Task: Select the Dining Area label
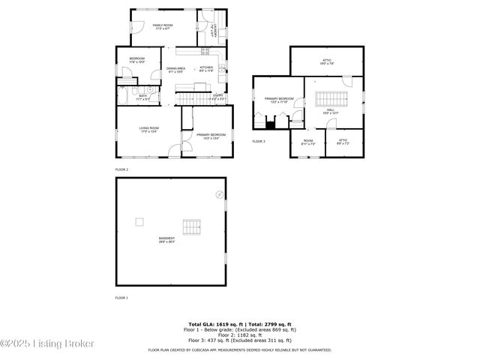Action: point(176,70)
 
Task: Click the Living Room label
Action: point(148,130)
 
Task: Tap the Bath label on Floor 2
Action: point(143,97)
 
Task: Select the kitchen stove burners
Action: point(204,51)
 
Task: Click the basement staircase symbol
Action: point(193,226)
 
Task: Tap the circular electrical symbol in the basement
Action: point(219,193)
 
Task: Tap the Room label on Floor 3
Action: point(308,142)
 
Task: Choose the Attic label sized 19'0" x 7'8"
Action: point(327,62)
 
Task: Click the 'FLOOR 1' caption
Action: point(121,298)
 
